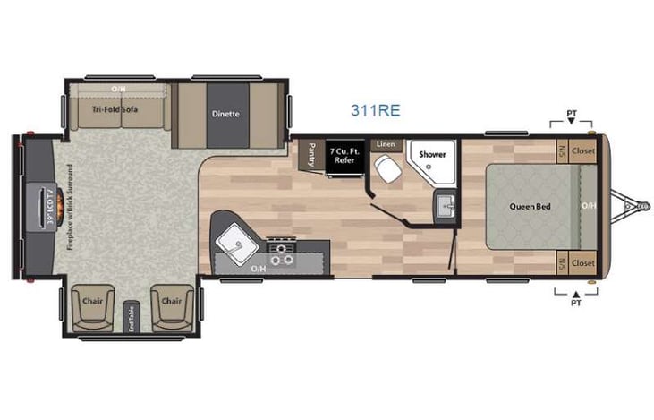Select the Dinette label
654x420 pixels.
click(x=225, y=114)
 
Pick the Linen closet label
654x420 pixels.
click(x=386, y=144)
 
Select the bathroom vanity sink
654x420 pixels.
click(x=445, y=206)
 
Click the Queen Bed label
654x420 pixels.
click(x=529, y=207)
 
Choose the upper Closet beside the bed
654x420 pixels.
click(x=583, y=150)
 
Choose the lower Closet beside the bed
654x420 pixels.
click(x=583, y=263)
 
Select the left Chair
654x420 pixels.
click(x=90, y=302)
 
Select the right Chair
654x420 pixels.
click(x=171, y=302)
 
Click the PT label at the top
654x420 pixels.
click(x=572, y=114)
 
